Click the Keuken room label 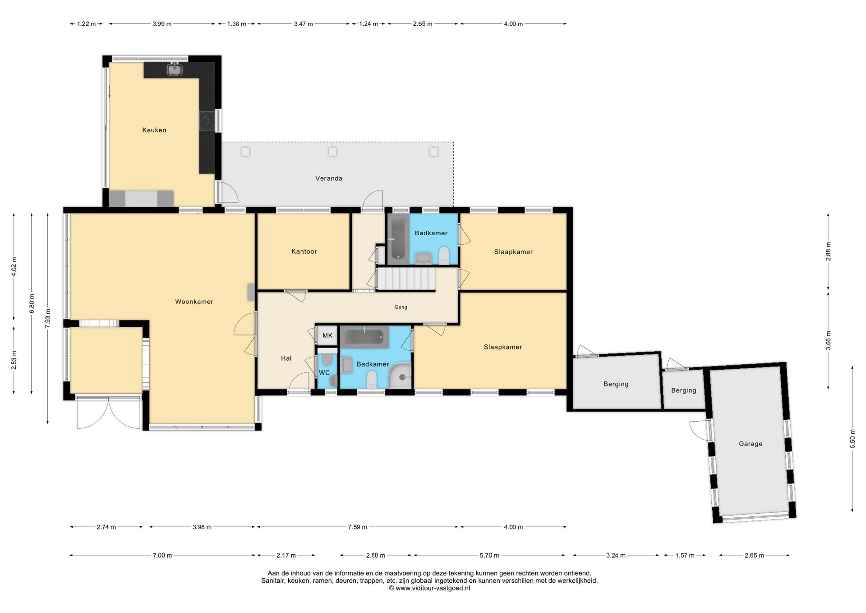[154, 130]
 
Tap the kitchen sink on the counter [174, 69]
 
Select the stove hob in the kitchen [207, 121]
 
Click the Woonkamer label [194, 302]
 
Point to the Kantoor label [304, 251]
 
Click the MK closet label [327, 335]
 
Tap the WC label [324, 373]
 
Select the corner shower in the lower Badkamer [401, 376]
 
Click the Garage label [751, 444]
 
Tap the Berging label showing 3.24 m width [616, 384]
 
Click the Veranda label [328, 178]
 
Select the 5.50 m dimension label [852, 439]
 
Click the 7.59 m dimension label [357, 527]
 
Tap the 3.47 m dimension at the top [303, 24]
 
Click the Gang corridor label [401, 307]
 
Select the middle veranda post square [332, 152]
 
